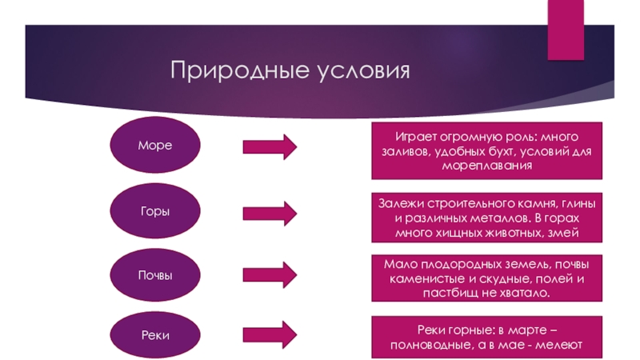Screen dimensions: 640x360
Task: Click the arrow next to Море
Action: (270, 146)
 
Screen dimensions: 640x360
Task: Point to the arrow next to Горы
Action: (270, 212)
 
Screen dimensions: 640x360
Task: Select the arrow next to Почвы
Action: (270, 274)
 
